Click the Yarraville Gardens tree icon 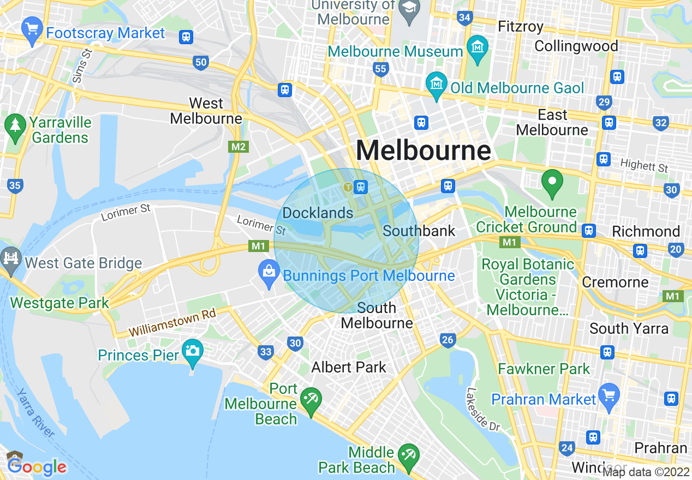coord(15,124)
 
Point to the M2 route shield coord(238,147)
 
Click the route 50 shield coord(201,62)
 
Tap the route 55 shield coord(380,69)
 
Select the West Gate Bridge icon coord(11,257)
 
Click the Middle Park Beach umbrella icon coord(407,454)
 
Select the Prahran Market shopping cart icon coord(609,393)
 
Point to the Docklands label coord(318,213)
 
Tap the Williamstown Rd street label coord(172,323)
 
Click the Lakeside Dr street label coord(483,409)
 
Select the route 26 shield coord(448,340)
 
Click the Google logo coord(37,467)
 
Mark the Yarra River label coord(35,413)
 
